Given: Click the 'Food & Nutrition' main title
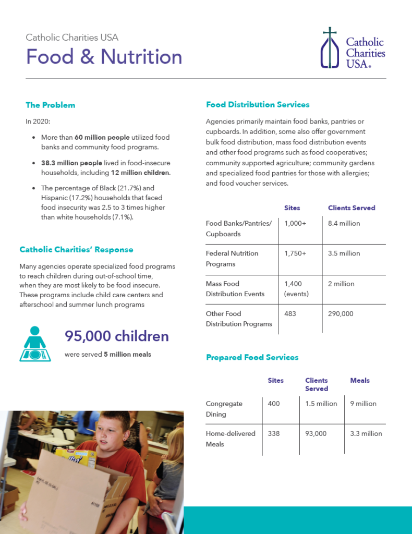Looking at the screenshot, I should coord(104,57).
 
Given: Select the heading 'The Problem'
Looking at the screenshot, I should coord(50,105).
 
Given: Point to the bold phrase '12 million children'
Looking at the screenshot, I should coord(140,173).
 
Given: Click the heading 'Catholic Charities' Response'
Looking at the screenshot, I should coord(76,250).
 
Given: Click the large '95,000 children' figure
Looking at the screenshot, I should coord(117,336).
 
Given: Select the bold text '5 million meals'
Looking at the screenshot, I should coord(127,355).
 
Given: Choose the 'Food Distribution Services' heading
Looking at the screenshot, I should coord(258,104).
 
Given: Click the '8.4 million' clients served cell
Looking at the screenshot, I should coord(344,223).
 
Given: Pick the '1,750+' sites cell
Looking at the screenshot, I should coord(295,253).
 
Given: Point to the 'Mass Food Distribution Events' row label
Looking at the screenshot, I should coord(235,288).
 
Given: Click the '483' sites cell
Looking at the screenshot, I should coord(290,314).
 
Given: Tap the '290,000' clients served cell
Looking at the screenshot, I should coord(341,314).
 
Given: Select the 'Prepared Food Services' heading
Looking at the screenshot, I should coord(252,357).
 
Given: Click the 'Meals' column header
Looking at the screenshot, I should coord(360,381).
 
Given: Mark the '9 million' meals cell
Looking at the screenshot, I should coord(363,404).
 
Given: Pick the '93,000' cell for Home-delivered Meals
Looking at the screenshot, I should coord(316,433).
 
